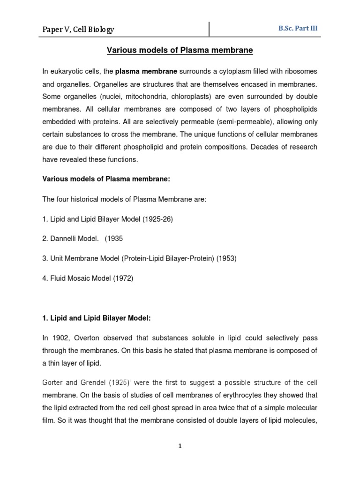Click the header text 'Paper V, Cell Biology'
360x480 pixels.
78,30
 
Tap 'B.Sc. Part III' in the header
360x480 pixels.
298,28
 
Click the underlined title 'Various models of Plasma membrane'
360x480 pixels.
180,50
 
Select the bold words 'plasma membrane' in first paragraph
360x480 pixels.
146,71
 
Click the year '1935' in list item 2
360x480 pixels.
116,239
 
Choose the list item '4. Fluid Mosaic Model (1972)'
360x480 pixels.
88,278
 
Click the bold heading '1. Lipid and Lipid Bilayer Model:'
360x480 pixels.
97,318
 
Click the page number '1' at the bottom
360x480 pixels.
180,446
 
